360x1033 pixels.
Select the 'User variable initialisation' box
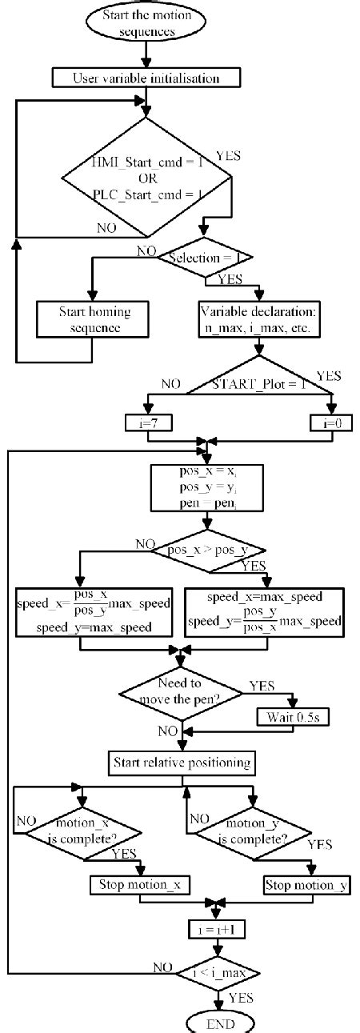[146, 78]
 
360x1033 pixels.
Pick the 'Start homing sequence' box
[94, 318]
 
